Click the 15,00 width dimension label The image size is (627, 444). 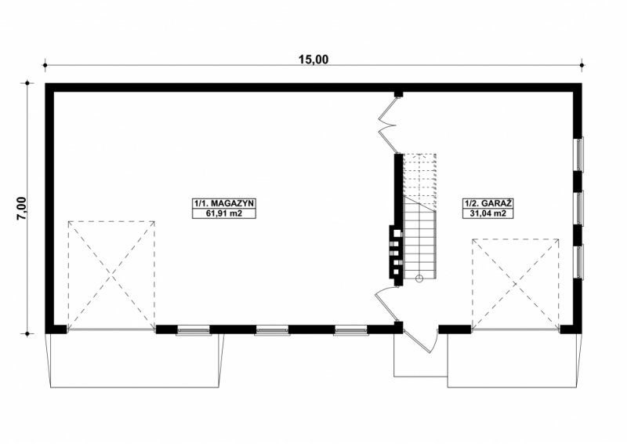coord(313,60)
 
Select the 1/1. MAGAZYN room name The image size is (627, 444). coord(224,203)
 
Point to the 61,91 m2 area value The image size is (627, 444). coord(224,213)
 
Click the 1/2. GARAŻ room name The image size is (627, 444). coord(487,203)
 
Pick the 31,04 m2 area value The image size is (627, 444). coord(487,213)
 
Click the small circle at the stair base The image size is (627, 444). coord(419,278)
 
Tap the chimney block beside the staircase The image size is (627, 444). coord(396,253)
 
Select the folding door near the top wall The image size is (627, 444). coord(388,124)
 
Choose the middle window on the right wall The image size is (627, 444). coord(579,208)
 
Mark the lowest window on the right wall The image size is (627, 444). coord(579,261)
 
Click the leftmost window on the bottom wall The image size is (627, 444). coord(194,330)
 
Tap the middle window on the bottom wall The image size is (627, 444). coord(272,330)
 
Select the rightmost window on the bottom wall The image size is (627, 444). coord(350,330)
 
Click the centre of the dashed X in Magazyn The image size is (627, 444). coord(111,275)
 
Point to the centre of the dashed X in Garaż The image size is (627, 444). coord(516,284)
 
